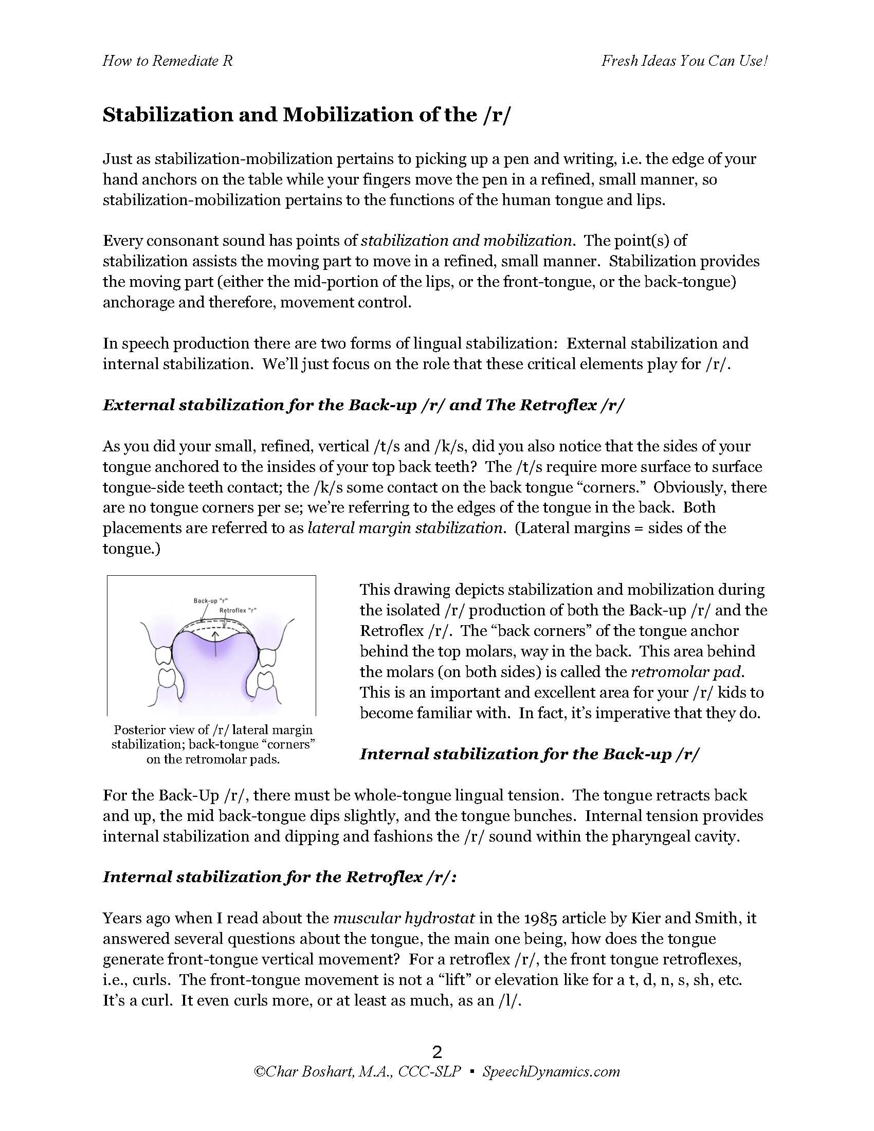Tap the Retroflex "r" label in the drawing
(x=238, y=610)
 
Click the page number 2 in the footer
(x=437, y=1052)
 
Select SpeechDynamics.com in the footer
(x=551, y=1071)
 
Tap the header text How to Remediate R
(x=167, y=61)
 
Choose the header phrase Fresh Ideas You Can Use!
(x=684, y=61)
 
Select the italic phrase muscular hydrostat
(x=404, y=918)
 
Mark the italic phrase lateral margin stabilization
(x=406, y=527)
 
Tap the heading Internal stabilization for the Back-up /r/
(x=529, y=754)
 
